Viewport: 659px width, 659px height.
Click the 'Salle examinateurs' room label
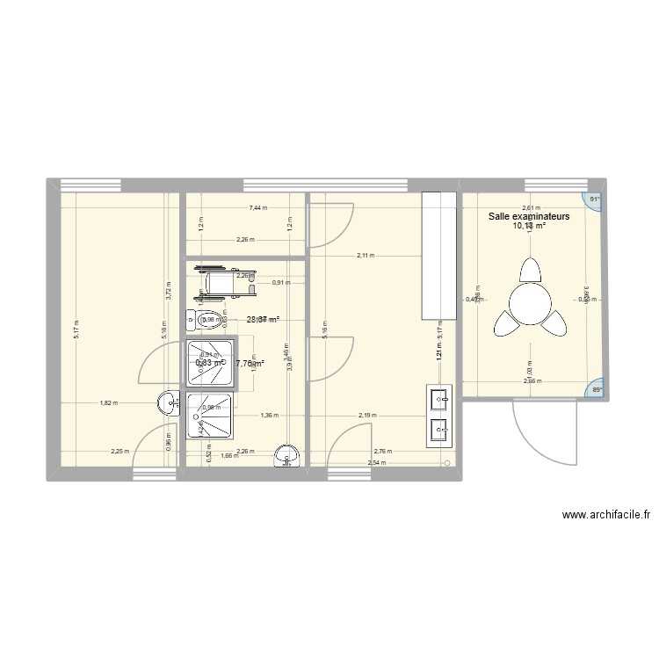[x=530, y=215]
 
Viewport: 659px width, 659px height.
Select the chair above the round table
[x=530, y=267]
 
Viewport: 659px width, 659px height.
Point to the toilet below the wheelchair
[x=206, y=320]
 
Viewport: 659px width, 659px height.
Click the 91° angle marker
[x=595, y=199]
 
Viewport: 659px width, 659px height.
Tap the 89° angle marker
[x=595, y=390]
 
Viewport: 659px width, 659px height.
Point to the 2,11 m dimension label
[x=366, y=257]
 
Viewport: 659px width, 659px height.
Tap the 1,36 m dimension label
[x=269, y=416]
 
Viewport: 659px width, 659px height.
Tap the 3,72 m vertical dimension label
[x=167, y=290]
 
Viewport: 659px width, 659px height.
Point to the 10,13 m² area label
[x=530, y=226]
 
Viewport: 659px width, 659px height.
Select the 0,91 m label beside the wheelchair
[x=280, y=282]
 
